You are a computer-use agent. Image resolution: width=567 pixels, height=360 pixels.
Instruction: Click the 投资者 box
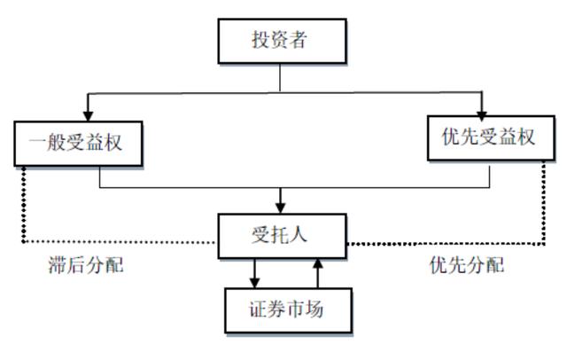282,41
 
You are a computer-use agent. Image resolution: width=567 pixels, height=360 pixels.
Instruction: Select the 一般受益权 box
78,144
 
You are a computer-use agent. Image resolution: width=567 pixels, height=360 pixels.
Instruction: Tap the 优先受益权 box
491,137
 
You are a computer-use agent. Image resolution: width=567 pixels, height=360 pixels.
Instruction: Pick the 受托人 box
282,236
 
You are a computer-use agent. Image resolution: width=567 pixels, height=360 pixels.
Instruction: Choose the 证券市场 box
288,310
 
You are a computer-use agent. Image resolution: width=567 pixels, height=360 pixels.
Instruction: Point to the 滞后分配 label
86,265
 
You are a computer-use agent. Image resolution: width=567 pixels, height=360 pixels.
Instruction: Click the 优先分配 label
467,265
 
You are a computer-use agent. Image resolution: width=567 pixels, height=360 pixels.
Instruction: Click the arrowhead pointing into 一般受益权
88,116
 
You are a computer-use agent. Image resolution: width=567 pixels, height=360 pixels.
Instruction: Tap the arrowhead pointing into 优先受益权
481,116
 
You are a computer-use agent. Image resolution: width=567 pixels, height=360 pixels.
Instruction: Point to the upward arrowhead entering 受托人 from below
318,263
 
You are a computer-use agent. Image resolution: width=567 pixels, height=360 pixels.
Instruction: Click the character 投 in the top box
261,40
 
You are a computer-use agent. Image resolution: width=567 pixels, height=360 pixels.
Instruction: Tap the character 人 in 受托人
298,235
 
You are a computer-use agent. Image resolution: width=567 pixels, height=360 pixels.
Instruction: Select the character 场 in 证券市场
314,309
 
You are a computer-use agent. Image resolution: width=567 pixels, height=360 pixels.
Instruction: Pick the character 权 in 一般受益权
113,143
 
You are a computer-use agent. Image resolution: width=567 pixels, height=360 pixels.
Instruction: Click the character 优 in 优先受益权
452,137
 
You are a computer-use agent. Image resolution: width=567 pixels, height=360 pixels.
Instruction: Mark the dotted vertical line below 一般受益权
24,205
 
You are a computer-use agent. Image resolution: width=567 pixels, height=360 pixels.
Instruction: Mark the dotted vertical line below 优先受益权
543,203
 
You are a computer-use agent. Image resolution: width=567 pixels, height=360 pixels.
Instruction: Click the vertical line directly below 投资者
280,78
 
